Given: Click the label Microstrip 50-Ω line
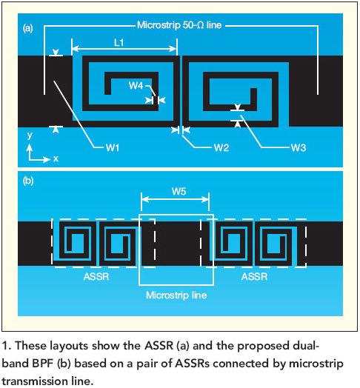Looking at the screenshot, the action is pyautogui.click(x=179, y=25).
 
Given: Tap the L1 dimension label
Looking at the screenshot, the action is pyautogui.click(x=119, y=43).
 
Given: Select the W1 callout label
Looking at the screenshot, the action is pyautogui.click(x=113, y=148).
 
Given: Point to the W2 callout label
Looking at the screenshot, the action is pyautogui.click(x=221, y=148).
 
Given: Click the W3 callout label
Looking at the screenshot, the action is pyautogui.click(x=299, y=148).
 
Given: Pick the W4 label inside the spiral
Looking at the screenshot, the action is pyautogui.click(x=136, y=86).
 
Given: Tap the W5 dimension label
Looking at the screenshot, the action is pyautogui.click(x=179, y=191).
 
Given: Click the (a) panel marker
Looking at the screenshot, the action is pyautogui.click(x=27, y=28).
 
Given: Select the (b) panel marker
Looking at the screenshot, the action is pyautogui.click(x=27, y=181).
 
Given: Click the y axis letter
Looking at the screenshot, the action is pyautogui.click(x=30, y=136).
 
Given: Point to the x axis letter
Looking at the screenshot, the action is pyautogui.click(x=56, y=158).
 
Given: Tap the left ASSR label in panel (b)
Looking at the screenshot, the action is pyautogui.click(x=96, y=276).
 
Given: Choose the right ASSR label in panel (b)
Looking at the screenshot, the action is pyautogui.click(x=255, y=276).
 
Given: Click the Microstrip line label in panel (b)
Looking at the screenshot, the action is pyautogui.click(x=176, y=295).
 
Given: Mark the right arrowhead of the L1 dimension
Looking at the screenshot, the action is pyautogui.click(x=173, y=49).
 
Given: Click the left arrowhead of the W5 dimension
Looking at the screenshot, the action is pyautogui.click(x=145, y=199).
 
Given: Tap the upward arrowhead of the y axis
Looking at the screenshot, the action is pyautogui.click(x=30, y=147).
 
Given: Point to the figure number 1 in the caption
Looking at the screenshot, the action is pyautogui.click(x=6, y=346).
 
